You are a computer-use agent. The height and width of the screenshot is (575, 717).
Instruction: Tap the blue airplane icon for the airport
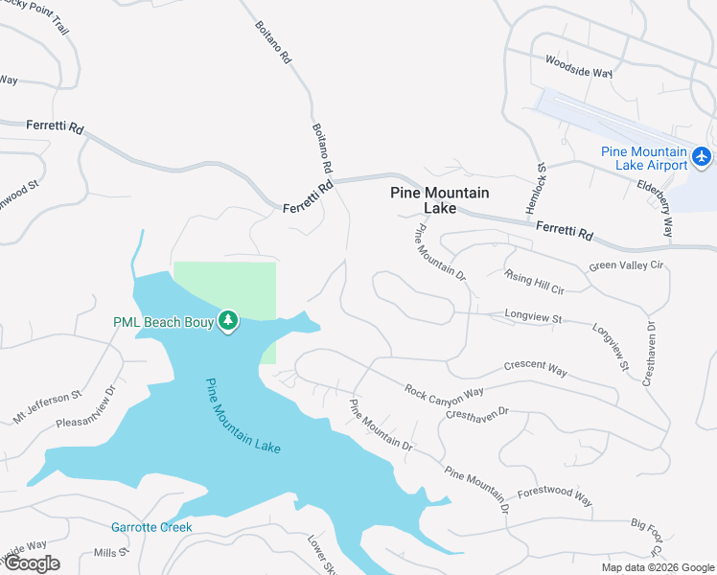tap(703, 155)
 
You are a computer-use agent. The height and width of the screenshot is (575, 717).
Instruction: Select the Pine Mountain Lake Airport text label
tap(644, 158)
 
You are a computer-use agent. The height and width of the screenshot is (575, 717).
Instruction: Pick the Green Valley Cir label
tap(626, 265)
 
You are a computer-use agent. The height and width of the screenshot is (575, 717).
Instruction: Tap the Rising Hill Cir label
tap(535, 281)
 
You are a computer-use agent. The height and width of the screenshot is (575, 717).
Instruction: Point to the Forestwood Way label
tap(555, 494)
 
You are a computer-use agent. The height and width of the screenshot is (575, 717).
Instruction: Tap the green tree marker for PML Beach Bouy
tap(228, 320)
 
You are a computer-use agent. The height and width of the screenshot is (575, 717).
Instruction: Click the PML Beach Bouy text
tap(160, 320)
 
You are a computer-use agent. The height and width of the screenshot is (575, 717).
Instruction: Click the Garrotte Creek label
tap(151, 527)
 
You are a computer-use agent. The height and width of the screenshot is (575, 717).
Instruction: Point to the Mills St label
tap(104, 553)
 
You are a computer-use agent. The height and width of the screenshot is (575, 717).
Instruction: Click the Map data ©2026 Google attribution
tap(657, 567)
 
